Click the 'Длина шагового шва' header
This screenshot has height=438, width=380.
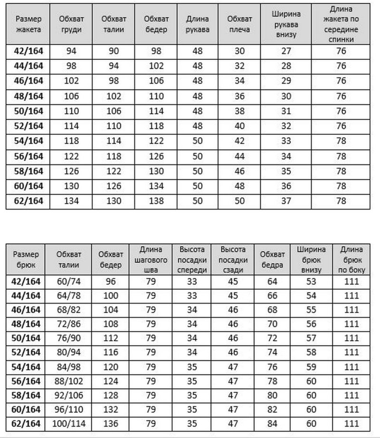coord(151,259)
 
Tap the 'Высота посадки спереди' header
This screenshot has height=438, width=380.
coord(192,259)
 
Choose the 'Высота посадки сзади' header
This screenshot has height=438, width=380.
coord(233,259)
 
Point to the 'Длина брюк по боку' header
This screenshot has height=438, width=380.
coord(351,259)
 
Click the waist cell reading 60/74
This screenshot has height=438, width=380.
coord(69,281)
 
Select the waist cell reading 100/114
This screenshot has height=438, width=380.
coord(69,424)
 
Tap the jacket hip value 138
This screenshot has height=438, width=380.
coord(156,201)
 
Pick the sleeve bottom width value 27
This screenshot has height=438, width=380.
coord(286,52)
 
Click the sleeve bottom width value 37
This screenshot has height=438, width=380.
coord(286,201)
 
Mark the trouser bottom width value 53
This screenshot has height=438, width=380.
coord(312,281)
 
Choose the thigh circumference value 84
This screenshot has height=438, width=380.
coord(273,424)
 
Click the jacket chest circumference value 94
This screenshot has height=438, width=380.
coord(71,52)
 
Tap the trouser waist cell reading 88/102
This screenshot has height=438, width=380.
coord(69,381)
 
